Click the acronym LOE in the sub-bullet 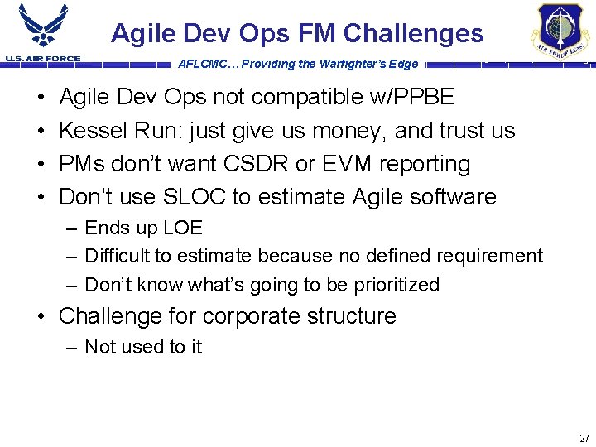coord(183,228)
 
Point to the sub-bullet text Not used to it coord(143,347)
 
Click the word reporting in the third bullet coord(425,164)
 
